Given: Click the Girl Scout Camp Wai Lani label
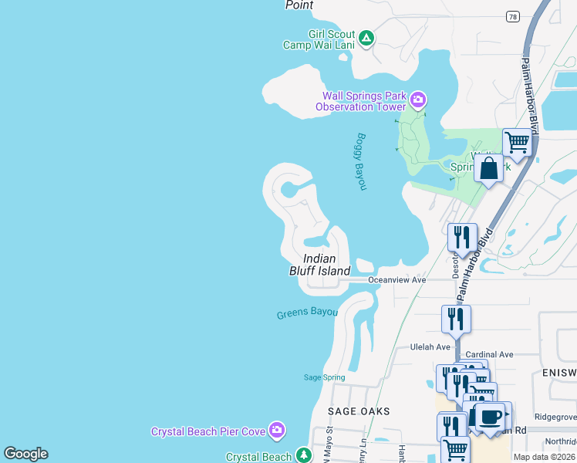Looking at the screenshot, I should pyautogui.click(x=319, y=39).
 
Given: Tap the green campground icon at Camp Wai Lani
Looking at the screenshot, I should pyautogui.click(x=366, y=37).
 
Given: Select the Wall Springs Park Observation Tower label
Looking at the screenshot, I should pyautogui.click(x=364, y=101).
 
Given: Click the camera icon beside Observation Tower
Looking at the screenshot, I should pyautogui.click(x=418, y=100).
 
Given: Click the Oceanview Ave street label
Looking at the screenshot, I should pyautogui.click(x=396, y=280).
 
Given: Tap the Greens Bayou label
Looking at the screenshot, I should pyautogui.click(x=307, y=313).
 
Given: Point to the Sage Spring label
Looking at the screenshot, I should pyautogui.click(x=324, y=377).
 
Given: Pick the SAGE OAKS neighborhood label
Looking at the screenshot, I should pyautogui.click(x=359, y=411).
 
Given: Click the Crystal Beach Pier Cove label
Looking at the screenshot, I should pyautogui.click(x=208, y=431).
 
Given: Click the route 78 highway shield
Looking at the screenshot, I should pyautogui.click(x=512, y=16).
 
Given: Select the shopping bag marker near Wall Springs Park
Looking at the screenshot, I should pyautogui.click(x=489, y=167).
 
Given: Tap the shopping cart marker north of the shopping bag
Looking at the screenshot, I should pyautogui.click(x=517, y=142).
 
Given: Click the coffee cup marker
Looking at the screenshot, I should pyautogui.click(x=490, y=417).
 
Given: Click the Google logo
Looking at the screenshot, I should pyautogui.click(x=25, y=454).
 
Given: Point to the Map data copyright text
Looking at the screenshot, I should pyautogui.click(x=545, y=457).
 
